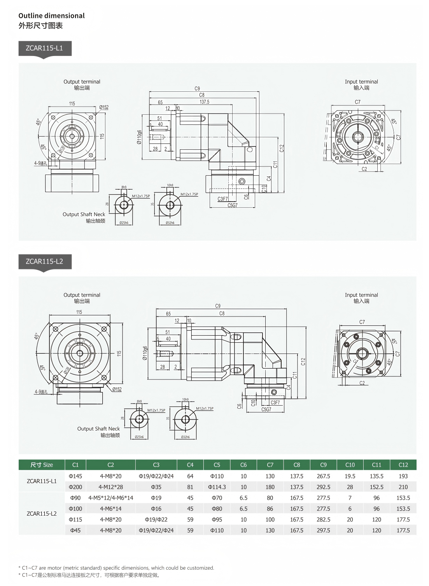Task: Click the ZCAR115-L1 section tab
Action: [45, 49]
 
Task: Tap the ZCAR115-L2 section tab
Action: [45, 262]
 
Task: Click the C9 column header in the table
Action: [323, 465]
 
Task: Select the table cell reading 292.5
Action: [323, 487]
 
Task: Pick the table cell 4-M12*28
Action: [110, 487]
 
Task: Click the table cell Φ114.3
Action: [217, 487]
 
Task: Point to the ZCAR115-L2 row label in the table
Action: [42, 514]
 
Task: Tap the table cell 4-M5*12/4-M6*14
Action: [110, 498]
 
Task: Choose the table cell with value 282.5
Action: [323, 520]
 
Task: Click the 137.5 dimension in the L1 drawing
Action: [204, 102]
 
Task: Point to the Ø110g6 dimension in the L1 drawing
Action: [139, 137]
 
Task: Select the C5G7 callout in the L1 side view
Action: [232, 205]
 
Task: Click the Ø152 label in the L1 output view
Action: [104, 107]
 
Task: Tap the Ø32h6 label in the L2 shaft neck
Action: [186, 437]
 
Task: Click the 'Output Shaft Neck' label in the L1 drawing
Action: [84, 214]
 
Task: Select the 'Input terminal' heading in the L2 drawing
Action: [361, 295]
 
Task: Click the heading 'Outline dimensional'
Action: [51, 16]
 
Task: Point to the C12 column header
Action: [403, 465]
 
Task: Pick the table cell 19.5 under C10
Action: [350, 476]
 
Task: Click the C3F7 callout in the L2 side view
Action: [275, 403]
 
